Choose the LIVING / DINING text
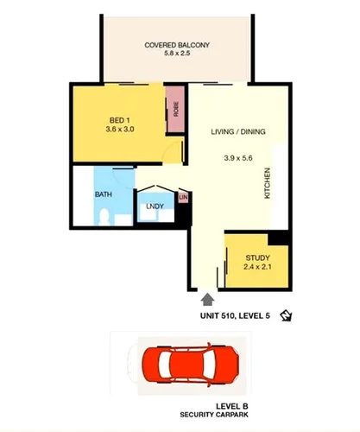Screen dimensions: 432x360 pyautogui.click(x=237, y=131)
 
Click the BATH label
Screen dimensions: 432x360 pyautogui.click(x=104, y=195)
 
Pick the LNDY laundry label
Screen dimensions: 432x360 pyautogui.click(x=155, y=206)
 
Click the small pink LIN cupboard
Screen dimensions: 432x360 pyautogui.click(x=182, y=198)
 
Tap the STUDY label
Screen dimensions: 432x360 pyautogui.click(x=258, y=257)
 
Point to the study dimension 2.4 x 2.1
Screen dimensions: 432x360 pyautogui.click(x=257, y=269)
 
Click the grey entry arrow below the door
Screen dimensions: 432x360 pyautogui.click(x=207, y=300)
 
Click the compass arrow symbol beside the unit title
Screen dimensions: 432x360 pyautogui.click(x=287, y=316)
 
